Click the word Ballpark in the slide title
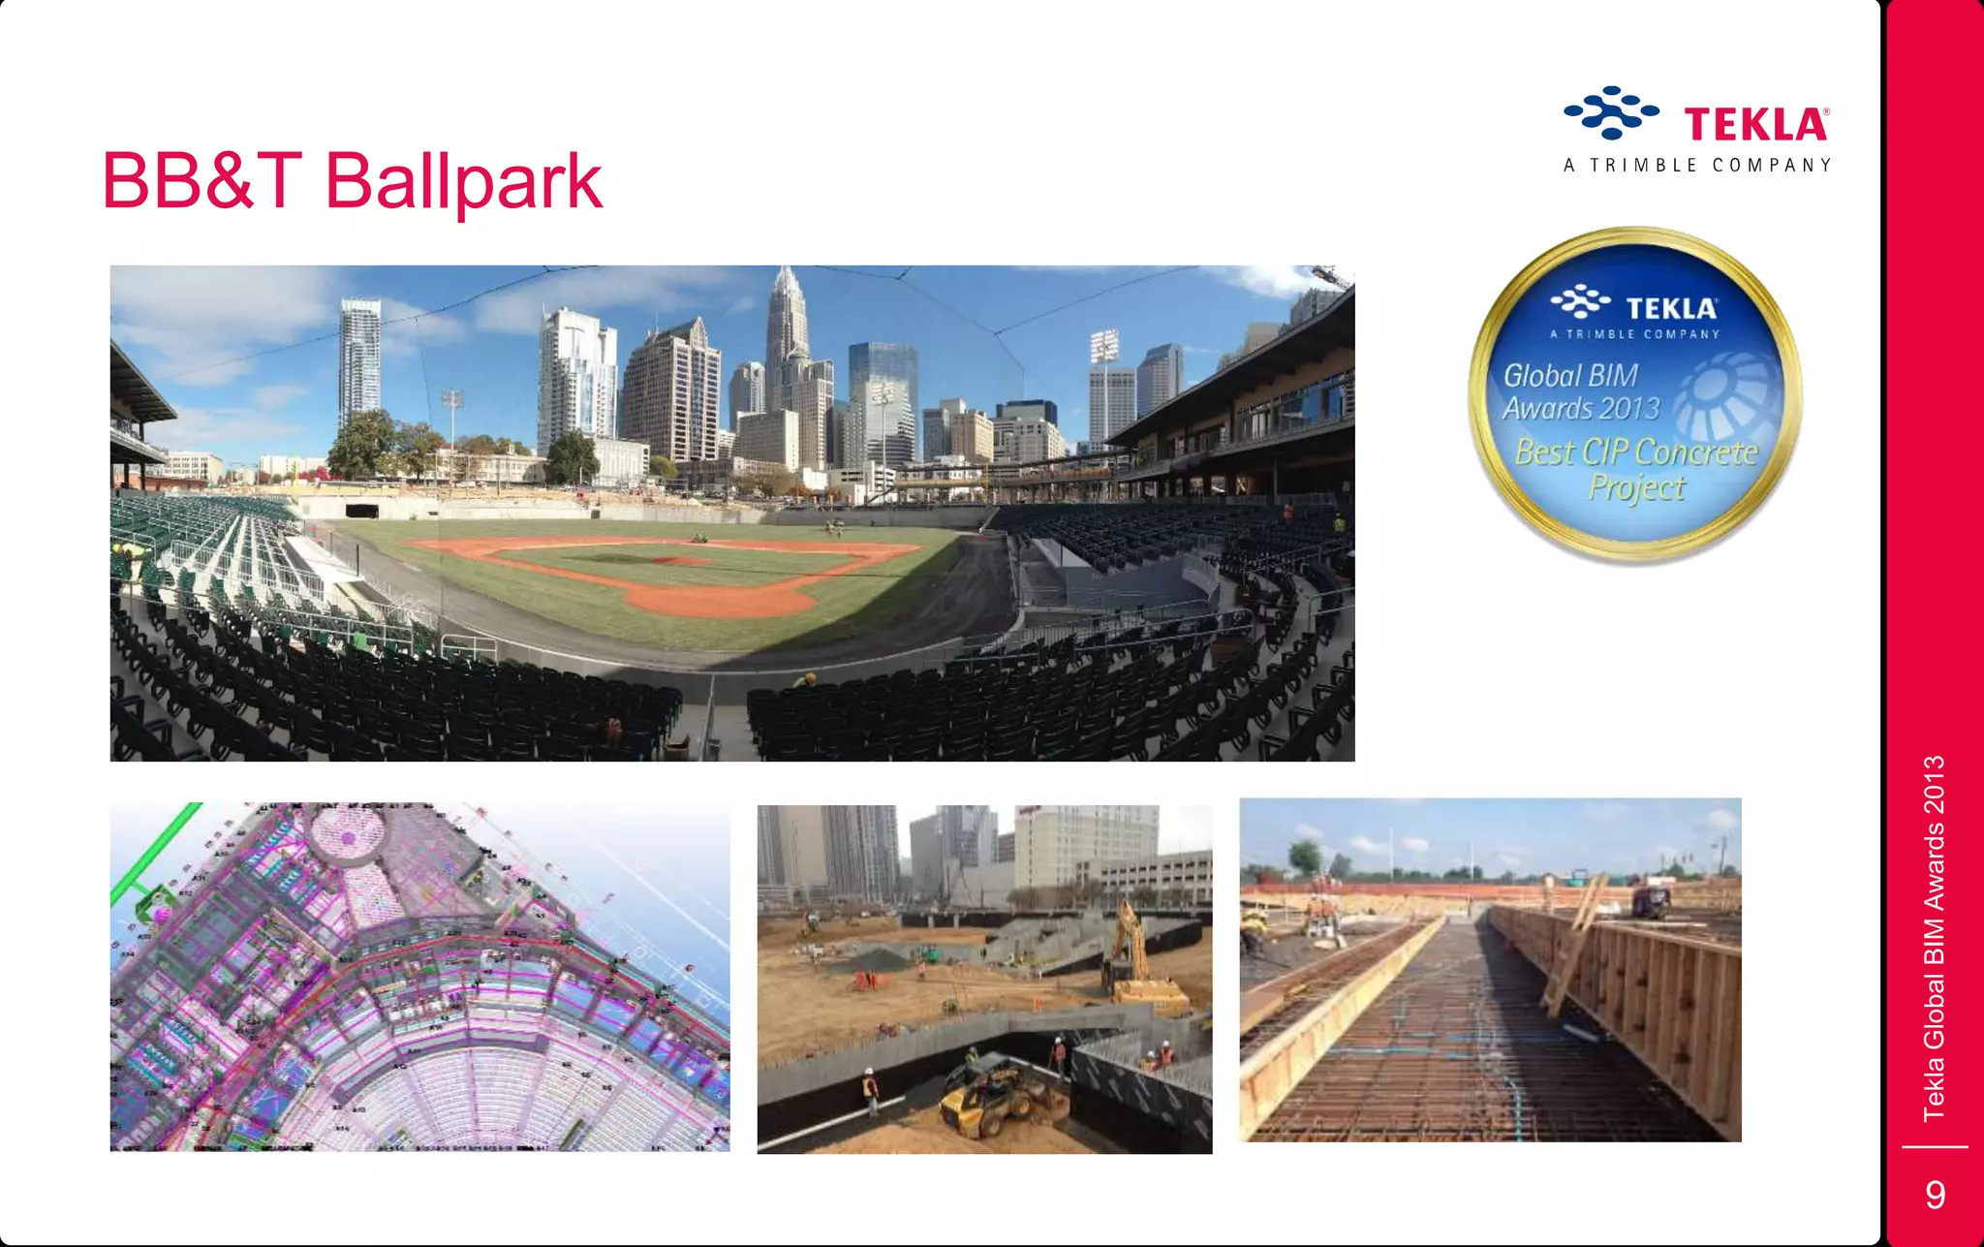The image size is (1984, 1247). pyautogui.click(x=463, y=182)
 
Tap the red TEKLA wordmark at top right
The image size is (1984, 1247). pyautogui.click(x=1755, y=125)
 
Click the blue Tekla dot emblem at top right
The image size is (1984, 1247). pyautogui.click(x=1610, y=112)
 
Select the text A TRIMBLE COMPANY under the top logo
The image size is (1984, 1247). pyautogui.click(x=1697, y=166)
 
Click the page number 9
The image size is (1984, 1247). pyautogui.click(x=1935, y=1194)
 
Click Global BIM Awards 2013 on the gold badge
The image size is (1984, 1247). pyautogui.click(x=1581, y=391)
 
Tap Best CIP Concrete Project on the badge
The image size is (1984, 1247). pyautogui.click(x=1636, y=469)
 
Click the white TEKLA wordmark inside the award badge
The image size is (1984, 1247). pyautogui.click(x=1671, y=309)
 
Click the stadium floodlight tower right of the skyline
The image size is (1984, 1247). pyautogui.click(x=1103, y=349)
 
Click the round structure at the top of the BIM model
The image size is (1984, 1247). pyautogui.click(x=347, y=831)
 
